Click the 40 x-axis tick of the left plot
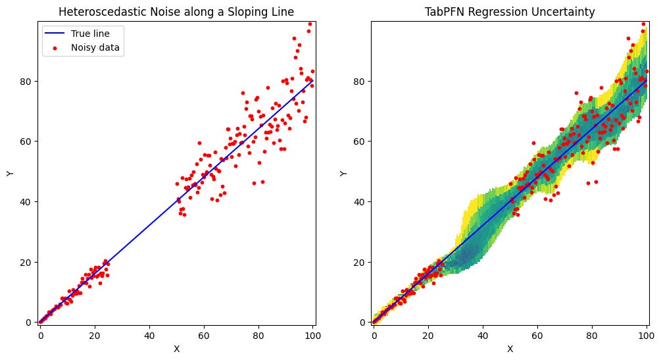[x=149, y=334]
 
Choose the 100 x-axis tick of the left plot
[x=313, y=334]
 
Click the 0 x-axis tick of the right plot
[x=374, y=334]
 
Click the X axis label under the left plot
[x=176, y=349]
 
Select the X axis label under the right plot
[x=510, y=349]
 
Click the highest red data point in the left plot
[x=310, y=24]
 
